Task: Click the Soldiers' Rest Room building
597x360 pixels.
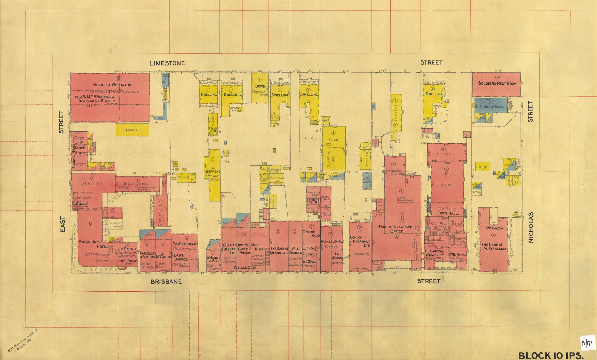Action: [496, 84]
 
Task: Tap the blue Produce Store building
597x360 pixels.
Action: [491, 105]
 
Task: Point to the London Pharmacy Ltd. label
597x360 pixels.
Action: [360, 241]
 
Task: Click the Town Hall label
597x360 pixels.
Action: [448, 213]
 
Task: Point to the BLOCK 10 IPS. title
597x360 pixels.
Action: [551, 356]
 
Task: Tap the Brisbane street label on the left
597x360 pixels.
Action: [166, 281]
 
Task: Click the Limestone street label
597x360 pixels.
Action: [167, 63]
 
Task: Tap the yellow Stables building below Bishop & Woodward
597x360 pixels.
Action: [132, 130]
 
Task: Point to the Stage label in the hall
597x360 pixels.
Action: [444, 154]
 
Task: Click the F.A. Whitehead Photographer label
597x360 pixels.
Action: [184, 246]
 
